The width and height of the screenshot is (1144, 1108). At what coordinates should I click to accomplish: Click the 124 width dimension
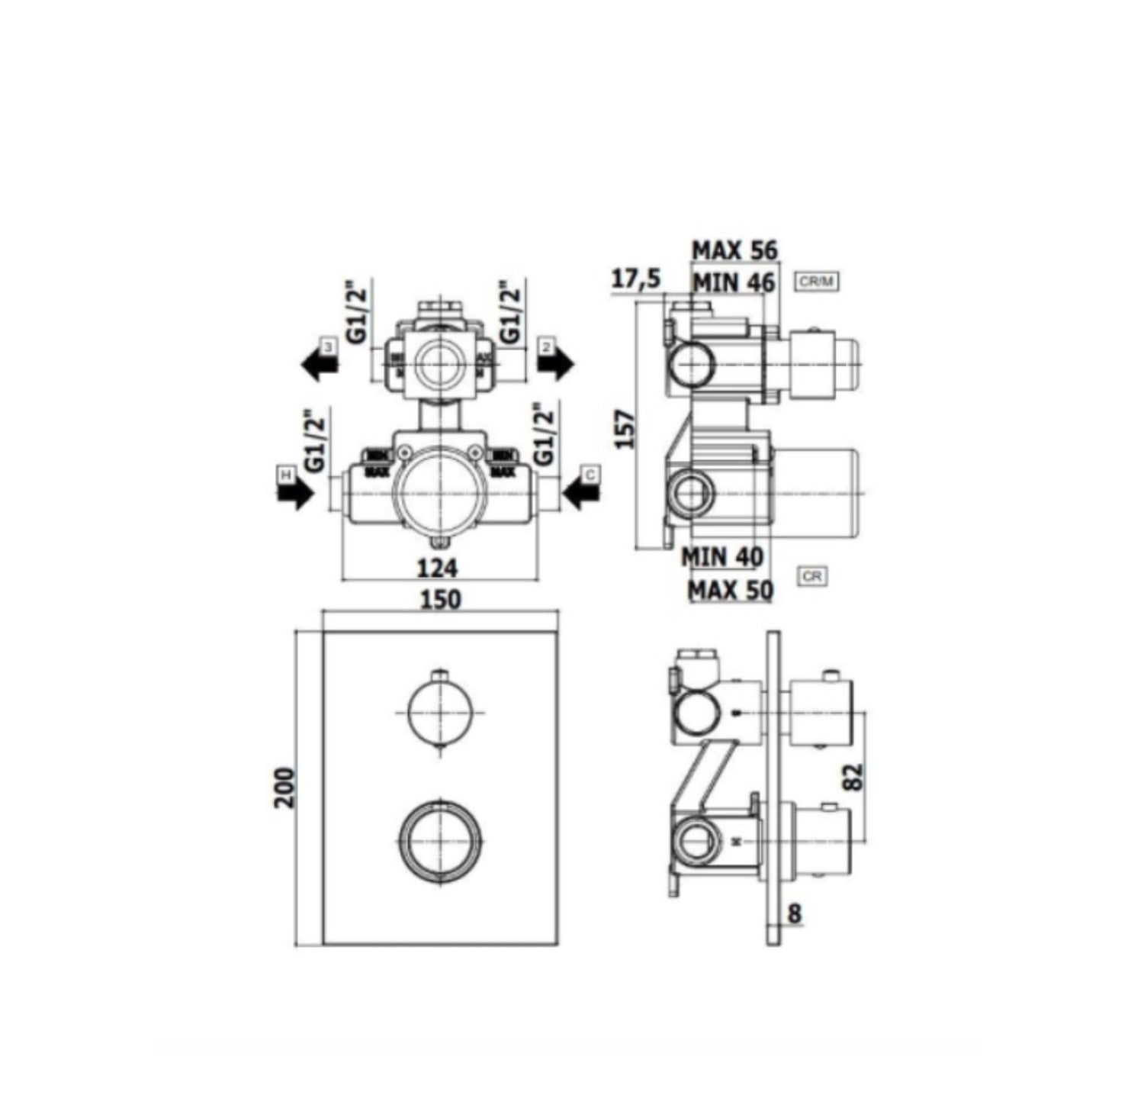coord(438,568)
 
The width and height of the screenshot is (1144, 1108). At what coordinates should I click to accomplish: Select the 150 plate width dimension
coord(441,600)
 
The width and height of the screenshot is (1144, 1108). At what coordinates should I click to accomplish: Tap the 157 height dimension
coord(623,429)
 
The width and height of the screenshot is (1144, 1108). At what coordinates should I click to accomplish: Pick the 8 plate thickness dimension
coord(795,913)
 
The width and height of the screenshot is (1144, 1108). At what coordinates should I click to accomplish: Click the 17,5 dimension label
coord(635,279)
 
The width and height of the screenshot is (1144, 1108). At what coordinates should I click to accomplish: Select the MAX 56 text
coord(734,250)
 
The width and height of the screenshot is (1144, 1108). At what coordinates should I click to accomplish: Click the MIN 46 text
coord(733,282)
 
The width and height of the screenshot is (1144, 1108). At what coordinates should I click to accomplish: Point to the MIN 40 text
coord(722,556)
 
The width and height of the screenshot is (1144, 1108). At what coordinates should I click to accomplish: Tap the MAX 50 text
coord(730,589)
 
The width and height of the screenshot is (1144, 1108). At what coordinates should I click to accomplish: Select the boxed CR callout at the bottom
coord(812,576)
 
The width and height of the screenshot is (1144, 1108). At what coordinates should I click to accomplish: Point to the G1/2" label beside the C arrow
coord(542,436)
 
